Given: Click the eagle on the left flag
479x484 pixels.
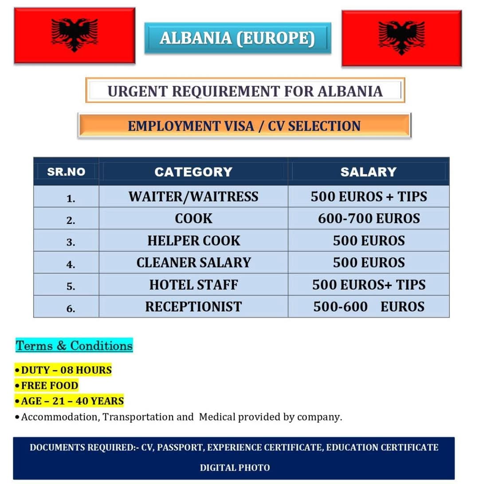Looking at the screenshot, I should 75,34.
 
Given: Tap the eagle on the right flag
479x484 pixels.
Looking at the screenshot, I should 401,37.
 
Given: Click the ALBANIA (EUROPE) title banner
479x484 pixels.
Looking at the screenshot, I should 237,38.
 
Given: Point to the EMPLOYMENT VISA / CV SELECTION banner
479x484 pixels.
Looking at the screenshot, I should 244,126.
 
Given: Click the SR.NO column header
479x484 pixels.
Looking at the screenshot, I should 66,172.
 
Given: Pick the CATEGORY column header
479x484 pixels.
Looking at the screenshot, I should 193,172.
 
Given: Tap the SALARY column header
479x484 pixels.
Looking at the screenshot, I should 368,172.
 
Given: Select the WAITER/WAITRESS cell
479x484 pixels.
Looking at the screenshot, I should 193,197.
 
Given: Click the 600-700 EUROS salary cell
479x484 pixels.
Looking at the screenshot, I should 369,219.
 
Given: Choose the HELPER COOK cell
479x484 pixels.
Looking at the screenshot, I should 193,241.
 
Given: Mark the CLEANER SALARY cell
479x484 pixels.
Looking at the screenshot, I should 193,263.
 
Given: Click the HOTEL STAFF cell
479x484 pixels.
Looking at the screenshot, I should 193,285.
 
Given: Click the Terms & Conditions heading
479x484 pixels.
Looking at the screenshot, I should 74,346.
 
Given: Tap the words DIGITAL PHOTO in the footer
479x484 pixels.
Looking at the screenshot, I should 234,467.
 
